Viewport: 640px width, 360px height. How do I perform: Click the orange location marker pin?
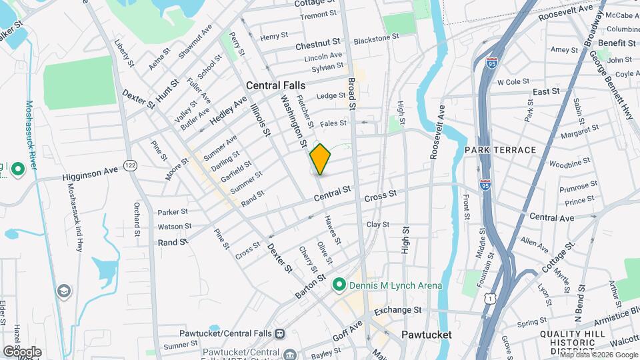click(x=320, y=159)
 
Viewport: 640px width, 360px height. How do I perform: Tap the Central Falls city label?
click(x=275, y=85)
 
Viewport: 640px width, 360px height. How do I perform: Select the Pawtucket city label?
click(x=427, y=334)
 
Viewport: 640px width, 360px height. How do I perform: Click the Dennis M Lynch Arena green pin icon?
click(x=339, y=285)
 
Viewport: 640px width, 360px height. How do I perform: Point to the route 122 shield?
click(x=130, y=165)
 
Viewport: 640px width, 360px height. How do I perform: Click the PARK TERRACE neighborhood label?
click(x=501, y=150)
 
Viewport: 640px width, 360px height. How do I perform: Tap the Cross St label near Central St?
click(x=381, y=195)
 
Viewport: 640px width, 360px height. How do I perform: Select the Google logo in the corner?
click(x=22, y=351)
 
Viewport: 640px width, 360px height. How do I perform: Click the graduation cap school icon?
click(x=63, y=291)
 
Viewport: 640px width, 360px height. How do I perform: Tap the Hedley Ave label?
click(x=229, y=109)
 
